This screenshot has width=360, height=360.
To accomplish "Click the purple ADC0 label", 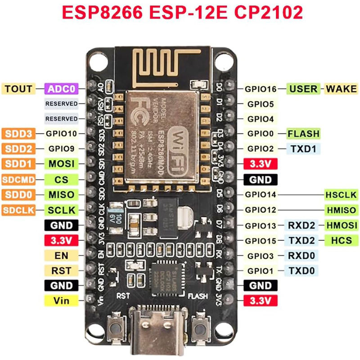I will click(x=62, y=89).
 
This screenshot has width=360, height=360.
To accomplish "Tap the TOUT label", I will click(x=18, y=89).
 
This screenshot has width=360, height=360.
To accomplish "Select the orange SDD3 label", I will click(x=18, y=134).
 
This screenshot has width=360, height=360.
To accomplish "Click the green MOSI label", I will click(x=62, y=164).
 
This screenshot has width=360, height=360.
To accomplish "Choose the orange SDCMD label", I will click(x=18, y=180).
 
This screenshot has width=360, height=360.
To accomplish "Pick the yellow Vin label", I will click(x=61, y=300).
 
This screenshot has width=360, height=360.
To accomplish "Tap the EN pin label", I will click(x=61, y=256).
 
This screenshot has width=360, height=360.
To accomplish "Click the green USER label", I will click(x=303, y=89).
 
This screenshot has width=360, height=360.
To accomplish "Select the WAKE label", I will click(x=341, y=89).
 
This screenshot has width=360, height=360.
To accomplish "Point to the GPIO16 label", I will click(x=261, y=89).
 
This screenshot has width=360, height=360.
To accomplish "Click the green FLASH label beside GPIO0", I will click(x=303, y=134).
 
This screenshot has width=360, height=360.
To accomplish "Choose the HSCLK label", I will click(x=341, y=195).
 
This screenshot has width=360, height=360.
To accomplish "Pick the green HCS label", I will click(x=341, y=240).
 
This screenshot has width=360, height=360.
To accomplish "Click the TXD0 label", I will click(x=302, y=270).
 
